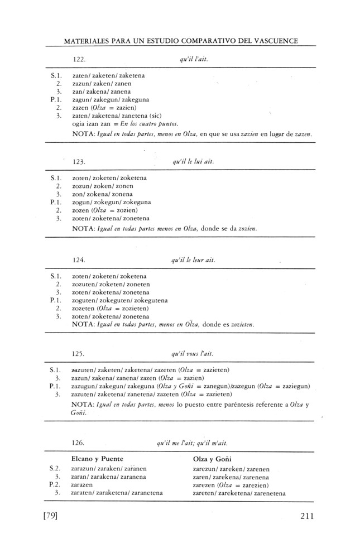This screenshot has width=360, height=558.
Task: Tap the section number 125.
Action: click(x=79, y=354)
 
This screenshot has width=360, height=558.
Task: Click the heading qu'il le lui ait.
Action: click(x=194, y=162)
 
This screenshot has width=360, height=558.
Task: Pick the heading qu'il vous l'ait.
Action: click(x=193, y=354)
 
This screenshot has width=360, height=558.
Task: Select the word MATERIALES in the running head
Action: click(x=88, y=41)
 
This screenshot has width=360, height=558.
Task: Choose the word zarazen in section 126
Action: click(x=84, y=485)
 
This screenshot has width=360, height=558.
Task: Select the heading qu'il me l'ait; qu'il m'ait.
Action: click(x=193, y=442)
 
